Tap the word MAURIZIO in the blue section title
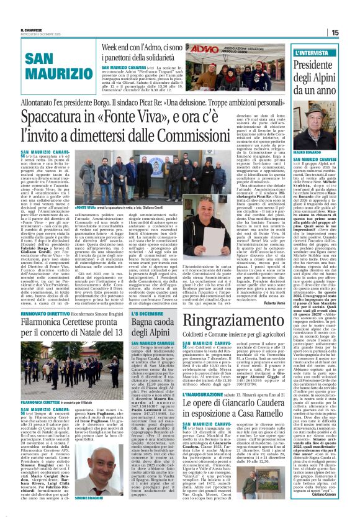[x=53, y=73]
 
